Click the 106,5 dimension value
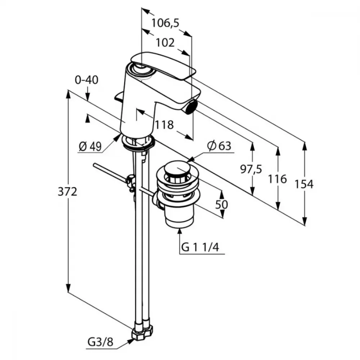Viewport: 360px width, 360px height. [x=165, y=23]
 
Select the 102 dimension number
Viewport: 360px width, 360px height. [x=165, y=43]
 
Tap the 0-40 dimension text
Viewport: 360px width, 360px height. [x=86, y=80]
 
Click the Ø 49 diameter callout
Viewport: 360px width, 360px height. [x=90, y=146]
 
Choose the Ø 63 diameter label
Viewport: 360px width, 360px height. [x=219, y=146]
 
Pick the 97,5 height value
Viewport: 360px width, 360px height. [x=251, y=169]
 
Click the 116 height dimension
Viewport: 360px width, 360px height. [x=278, y=179]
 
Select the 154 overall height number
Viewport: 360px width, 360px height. [x=304, y=184]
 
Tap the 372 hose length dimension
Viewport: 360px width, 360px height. [x=67, y=192]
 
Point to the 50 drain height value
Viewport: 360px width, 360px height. [x=221, y=204]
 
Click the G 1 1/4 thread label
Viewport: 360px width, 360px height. [x=200, y=248]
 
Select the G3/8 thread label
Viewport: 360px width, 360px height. [x=100, y=342]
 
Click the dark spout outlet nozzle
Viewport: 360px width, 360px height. [x=191, y=107]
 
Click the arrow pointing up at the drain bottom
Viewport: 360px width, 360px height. [x=180, y=241]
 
